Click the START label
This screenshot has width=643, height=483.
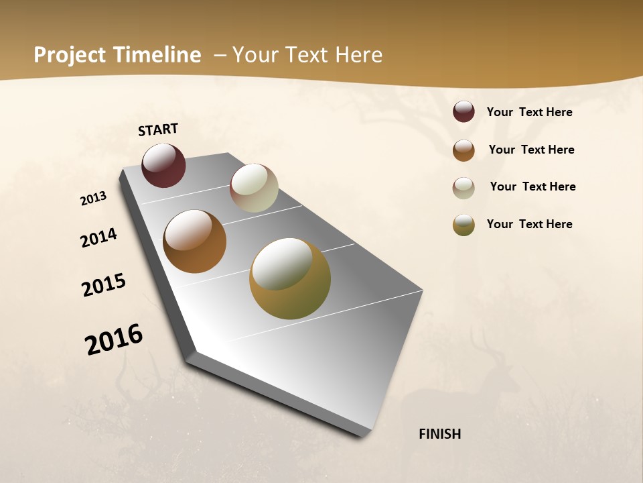(x=158, y=129)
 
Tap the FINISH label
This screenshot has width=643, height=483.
(x=439, y=434)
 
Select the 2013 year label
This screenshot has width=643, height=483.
(x=94, y=198)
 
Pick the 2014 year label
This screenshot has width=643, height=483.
(x=98, y=238)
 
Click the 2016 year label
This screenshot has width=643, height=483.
(x=114, y=339)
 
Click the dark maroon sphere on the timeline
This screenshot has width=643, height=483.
(x=163, y=165)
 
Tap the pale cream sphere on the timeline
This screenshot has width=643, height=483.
(x=254, y=188)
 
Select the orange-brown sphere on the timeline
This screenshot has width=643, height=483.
(x=194, y=241)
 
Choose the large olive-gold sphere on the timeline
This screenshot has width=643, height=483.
(x=290, y=278)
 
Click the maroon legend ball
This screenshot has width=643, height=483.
(x=463, y=111)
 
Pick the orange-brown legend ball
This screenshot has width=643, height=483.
(x=463, y=150)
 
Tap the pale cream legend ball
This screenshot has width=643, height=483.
(x=463, y=187)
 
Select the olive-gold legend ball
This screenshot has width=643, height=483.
(x=463, y=225)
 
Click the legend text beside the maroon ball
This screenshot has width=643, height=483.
(x=529, y=112)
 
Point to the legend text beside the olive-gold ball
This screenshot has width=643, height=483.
(x=529, y=224)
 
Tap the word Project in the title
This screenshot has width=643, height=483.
(x=70, y=55)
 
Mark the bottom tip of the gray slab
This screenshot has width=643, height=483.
(x=362, y=437)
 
